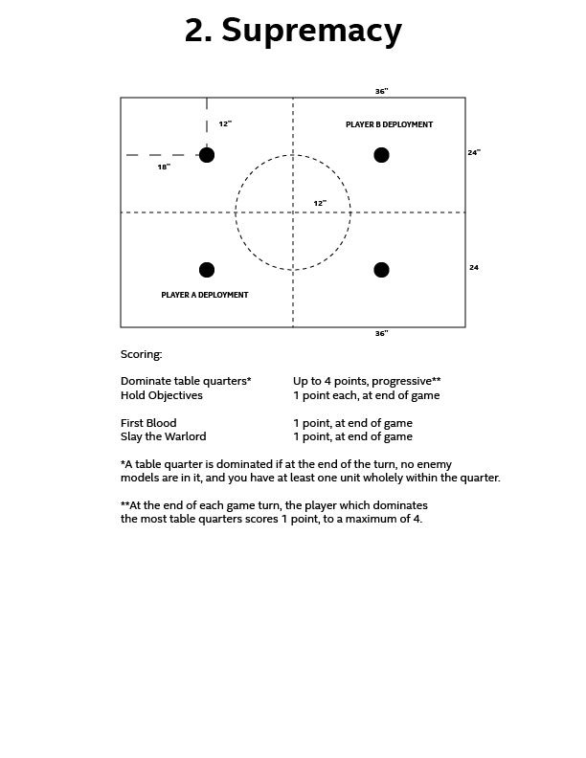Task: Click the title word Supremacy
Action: [x=311, y=32]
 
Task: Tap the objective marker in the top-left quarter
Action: [x=207, y=155]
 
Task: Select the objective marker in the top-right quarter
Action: [x=381, y=155]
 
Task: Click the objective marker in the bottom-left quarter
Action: [x=207, y=270]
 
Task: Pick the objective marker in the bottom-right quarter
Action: [x=381, y=270]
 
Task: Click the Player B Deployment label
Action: [x=389, y=124]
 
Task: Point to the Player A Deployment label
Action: [x=205, y=295]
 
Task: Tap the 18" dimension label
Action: [x=164, y=167]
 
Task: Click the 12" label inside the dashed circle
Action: [x=320, y=203]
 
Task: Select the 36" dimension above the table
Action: [x=381, y=91]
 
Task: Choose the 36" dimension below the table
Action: [x=381, y=334]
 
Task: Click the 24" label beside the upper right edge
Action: [x=474, y=152]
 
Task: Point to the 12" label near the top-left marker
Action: [x=225, y=123]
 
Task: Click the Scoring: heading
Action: [x=142, y=354]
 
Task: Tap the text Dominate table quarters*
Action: [x=186, y=381]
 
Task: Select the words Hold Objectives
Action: [x=162, y=394]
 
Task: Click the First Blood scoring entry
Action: [x=148, y=423]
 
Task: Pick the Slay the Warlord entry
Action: [x=163, y=436]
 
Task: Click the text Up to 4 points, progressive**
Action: [x=367, y=381]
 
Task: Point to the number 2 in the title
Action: [x=196, y=32]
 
